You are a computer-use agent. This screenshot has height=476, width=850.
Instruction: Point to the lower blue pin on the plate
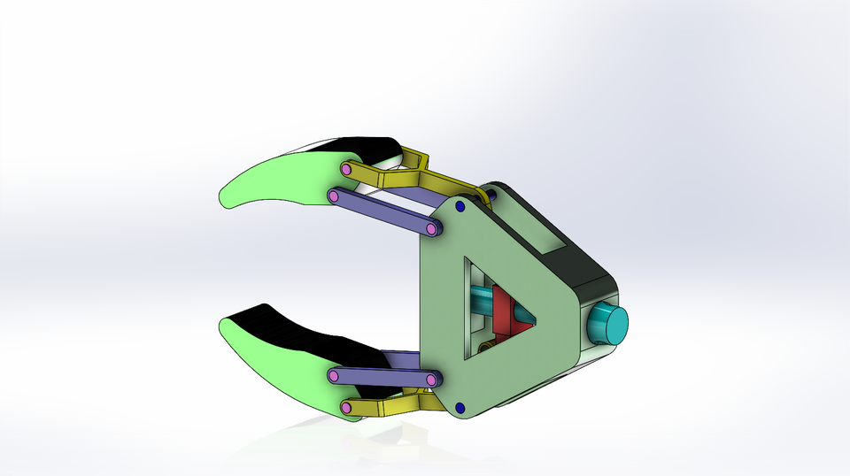pos(460,407)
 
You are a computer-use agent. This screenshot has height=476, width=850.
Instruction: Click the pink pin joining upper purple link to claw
pos(334,196)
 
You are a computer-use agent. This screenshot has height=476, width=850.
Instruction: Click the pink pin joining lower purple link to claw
pos(334,377)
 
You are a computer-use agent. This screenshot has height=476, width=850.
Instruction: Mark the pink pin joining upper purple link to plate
pos(431,229)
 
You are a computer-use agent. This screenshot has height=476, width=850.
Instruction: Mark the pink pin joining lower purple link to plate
pos(431,380)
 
